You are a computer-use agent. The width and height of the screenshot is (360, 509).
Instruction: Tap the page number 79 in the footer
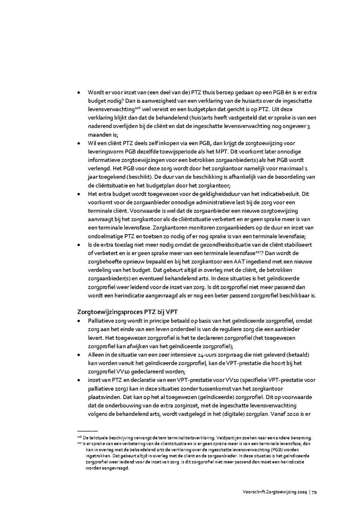click(314, 492)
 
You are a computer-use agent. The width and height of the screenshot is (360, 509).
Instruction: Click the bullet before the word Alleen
click(79, 355)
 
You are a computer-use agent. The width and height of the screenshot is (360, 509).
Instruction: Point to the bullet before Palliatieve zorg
click(79, 321)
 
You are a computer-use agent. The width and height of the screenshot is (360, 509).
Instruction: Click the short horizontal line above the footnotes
click(87, 431)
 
